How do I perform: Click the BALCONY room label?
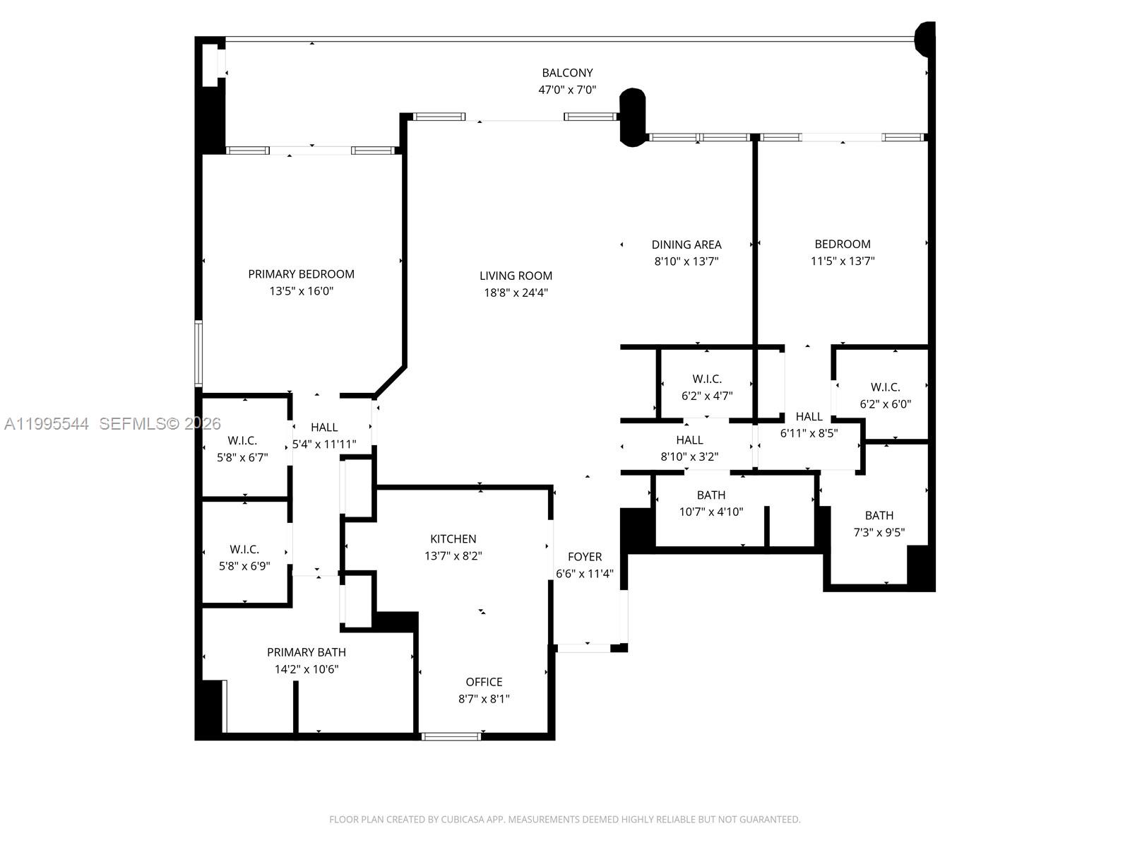[567, 73]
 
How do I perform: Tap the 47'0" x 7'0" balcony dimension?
[567, 90]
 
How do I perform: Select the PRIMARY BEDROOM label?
[301, 274]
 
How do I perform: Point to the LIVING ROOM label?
[516, 276]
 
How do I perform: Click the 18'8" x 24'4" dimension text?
[516, 293]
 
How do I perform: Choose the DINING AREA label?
[686, 245]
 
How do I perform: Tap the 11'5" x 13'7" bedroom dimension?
[843, 261]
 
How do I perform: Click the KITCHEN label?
[453, 538]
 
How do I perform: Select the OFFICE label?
[484, 682]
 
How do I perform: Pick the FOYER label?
[585, 557]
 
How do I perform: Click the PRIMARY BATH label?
[307, 652]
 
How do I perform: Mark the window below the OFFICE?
[451, 736]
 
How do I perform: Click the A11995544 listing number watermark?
[47, 424]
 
